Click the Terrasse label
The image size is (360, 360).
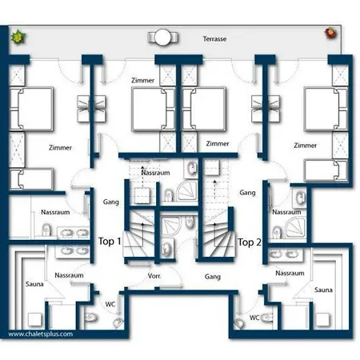click(214, 39)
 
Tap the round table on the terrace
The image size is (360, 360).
click(162, 37)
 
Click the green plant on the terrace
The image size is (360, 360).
click(18, 37)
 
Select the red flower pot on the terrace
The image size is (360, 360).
click(330, 33)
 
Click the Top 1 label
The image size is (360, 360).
click(110, 242)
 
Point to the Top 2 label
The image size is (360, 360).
click(250, 242)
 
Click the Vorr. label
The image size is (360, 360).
click(154, 276)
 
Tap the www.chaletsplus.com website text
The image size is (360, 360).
click(41, 334)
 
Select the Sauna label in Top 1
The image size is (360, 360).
click(34, 284)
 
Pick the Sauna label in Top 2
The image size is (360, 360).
click(323, 290)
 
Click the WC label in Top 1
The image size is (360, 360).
click(110, 304)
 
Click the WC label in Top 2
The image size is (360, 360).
click(254, 318)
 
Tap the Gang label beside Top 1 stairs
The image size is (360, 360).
click(111, 202)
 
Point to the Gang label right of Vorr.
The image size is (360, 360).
click(213, 277)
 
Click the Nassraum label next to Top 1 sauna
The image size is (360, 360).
click(69, 275)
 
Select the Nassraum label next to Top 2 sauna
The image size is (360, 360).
click(290, 273)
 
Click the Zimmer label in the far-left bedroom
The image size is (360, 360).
click(60, 148)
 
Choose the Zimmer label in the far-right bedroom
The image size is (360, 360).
click(306, 146)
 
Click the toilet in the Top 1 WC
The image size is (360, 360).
click(90, 318)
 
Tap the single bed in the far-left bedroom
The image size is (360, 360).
click(31, 179)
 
